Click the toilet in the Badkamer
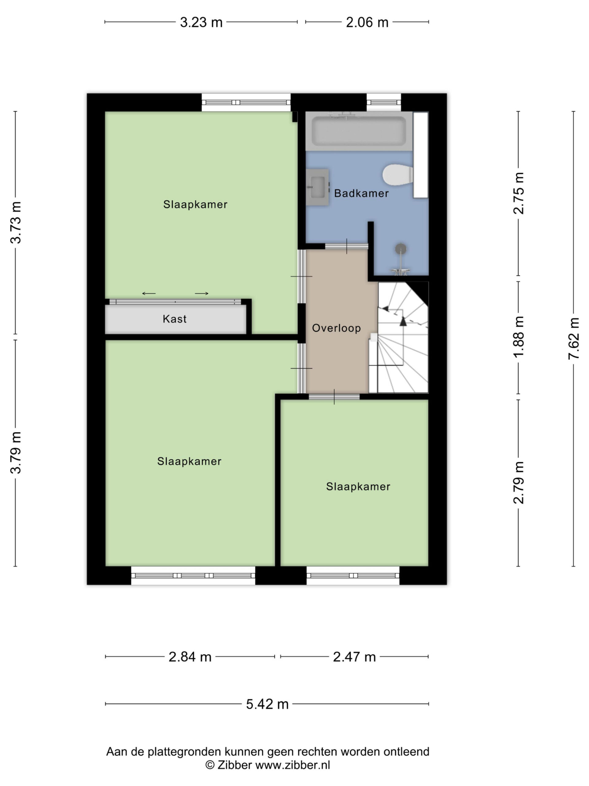click(x=398, y=174)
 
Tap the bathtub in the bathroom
click(x=359, y=131)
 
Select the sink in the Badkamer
click(x=318, y=187)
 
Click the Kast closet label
click(x=174, y=319)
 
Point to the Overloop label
click(x=336, y=328)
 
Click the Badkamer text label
click(x=361, y=193)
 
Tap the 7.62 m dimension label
click(x=573, y=339)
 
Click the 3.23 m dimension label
click(x=201, y=22)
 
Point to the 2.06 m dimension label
click(x=367, y=22)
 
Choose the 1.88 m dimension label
click(x=518, y=337)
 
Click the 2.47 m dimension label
click(x=354, y=657)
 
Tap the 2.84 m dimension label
click(x=190, y=657)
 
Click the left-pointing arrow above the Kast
click(x=149, y=294)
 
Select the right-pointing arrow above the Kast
click(x=202, y=294)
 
